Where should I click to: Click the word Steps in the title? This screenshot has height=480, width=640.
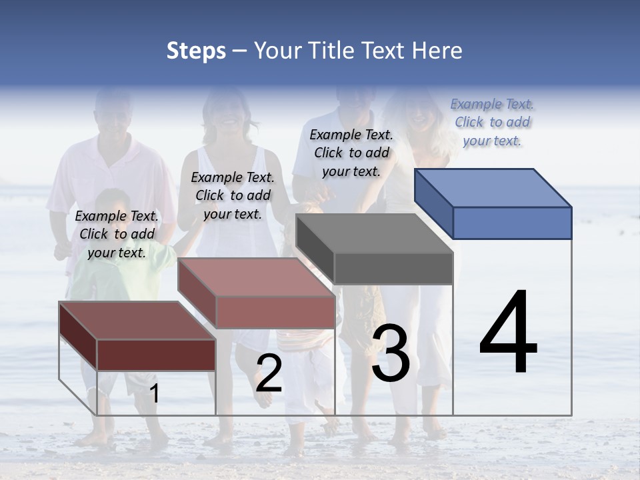(x=196, y=51)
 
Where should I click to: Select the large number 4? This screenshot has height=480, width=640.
(x=508, y=333)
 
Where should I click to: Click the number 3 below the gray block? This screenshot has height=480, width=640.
(x=391, y=354)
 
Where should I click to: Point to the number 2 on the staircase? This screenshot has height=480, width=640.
(x=269, y=374)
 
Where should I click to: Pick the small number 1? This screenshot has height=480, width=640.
(x=154, y=394)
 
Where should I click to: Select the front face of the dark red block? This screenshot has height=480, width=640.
(x=156, y=355)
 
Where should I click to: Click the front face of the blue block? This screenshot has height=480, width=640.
(x=512, y=223)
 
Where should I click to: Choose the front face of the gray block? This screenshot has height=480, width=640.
(x=393, y=269)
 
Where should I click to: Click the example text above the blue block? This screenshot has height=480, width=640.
(x=492, y=122)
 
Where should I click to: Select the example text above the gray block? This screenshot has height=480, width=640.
(x=351, y=153)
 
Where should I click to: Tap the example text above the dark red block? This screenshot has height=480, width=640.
(x=117, y=234)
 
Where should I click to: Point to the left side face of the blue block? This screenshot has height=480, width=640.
(x=433, y=203)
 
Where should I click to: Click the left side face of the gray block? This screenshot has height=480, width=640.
(x=315, y=249)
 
